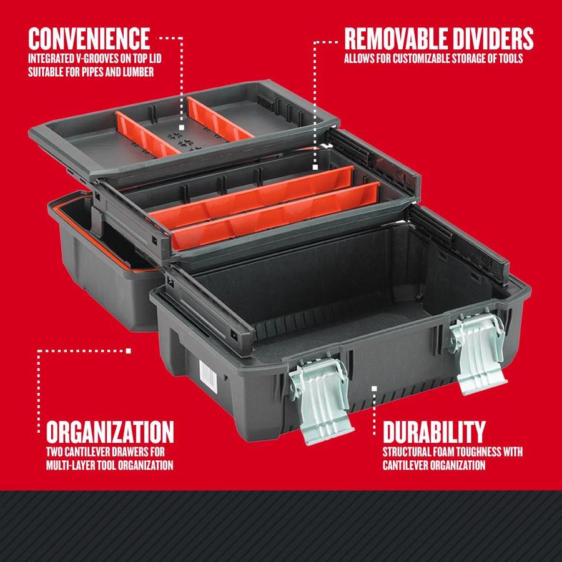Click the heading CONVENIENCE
(89, 38)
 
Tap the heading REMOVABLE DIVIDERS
(439, 38)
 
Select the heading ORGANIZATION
(110, 431)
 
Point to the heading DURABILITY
(433, 431)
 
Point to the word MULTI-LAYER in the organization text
(74, 465)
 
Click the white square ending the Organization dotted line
(129, 350)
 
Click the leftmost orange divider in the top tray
(140, 132)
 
